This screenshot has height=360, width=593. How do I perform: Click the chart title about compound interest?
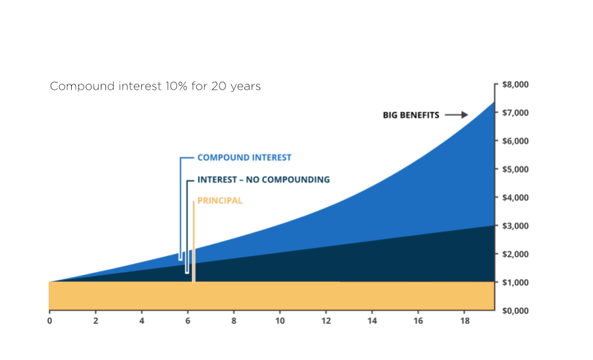tap(155, 86)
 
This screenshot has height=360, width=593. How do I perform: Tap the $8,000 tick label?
tap(516, 85)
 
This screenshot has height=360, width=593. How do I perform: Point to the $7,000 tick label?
tap(516, 113)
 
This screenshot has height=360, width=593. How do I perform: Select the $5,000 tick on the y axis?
tap(516, 169)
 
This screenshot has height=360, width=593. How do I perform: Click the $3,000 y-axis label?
tap(516, 226)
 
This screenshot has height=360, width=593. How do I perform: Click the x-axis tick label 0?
tap(49, 321)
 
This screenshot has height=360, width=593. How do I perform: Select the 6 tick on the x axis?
tap(188, 321)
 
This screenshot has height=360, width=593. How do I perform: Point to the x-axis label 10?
tap(279, 321)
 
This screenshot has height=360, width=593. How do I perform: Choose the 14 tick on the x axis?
tap(372, 321)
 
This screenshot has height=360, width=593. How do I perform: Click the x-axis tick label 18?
tap(464, 321)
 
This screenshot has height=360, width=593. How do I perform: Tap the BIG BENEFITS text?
tap(411, 115)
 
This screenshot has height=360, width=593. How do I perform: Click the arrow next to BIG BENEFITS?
tap(456, 115)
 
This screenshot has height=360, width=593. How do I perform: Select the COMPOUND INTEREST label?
tap(244, 158)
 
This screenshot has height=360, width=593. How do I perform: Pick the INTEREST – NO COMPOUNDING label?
tap(264, 180)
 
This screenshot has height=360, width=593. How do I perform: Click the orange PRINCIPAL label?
tap(220, 201)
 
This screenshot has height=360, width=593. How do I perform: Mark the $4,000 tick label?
tap(516, 198)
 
